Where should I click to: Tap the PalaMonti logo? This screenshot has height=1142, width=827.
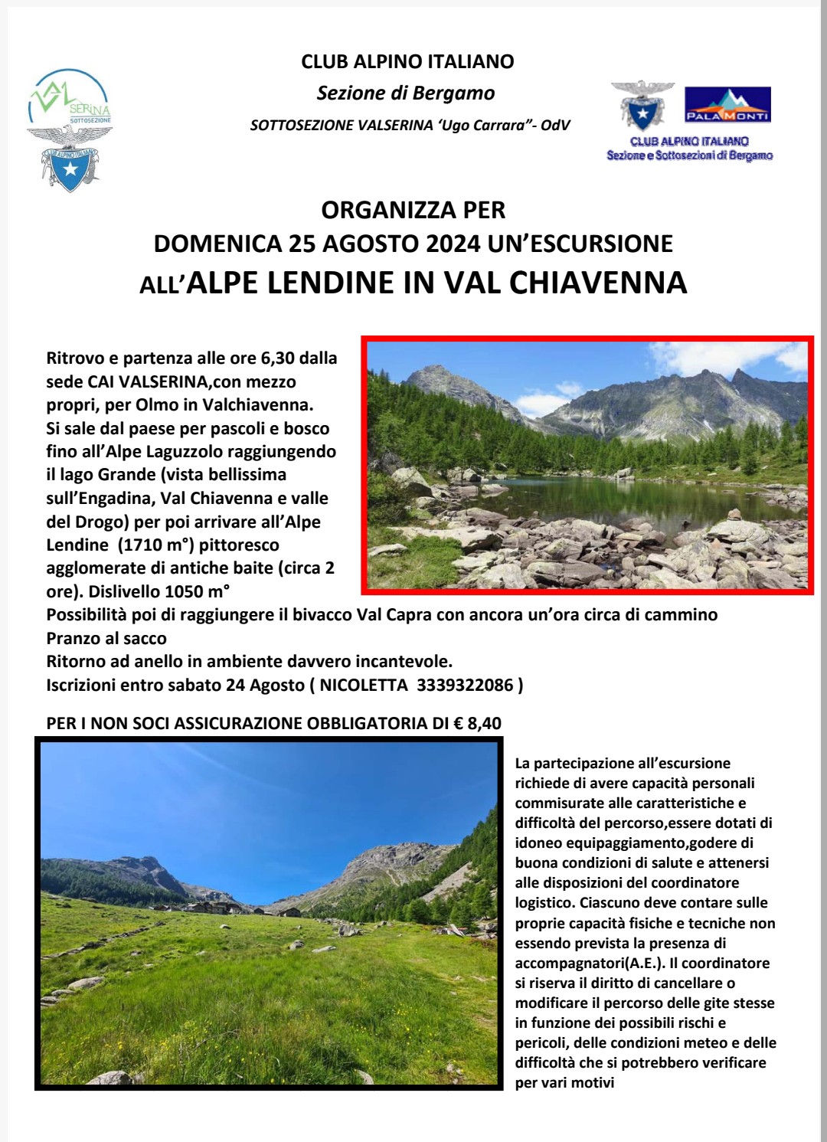point(727,105)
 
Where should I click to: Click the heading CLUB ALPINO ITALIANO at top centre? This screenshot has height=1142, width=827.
point(407,62)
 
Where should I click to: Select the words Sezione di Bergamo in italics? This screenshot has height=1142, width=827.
point(406,93)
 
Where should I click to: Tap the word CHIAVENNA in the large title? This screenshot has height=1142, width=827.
point(597,283)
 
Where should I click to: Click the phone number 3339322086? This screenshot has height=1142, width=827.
point(465,685)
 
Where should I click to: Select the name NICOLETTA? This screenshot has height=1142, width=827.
point(363,685)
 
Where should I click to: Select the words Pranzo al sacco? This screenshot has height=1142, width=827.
point(106,638)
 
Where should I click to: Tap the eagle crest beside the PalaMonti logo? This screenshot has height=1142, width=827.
point(642,105)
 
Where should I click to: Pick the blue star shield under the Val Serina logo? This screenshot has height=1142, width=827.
point(70,166)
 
